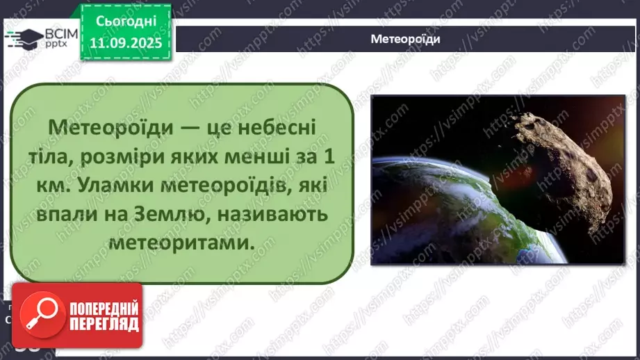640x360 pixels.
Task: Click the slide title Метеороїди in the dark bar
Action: (405, 40)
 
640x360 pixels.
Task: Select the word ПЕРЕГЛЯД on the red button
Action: (102, 324)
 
